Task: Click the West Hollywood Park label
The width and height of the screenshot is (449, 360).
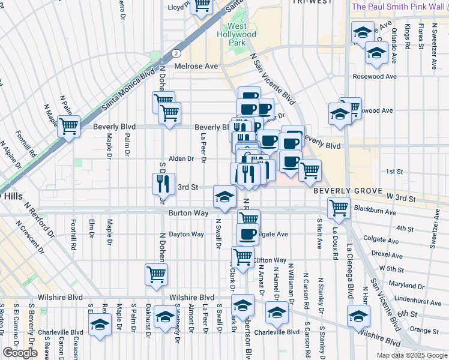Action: coord(241,35)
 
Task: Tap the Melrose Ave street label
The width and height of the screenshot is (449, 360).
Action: coord(196,67)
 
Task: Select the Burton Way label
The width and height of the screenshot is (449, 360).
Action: coord(188,213)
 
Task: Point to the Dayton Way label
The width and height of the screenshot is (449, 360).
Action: coord(186,234)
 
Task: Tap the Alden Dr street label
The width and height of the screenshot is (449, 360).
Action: coord(181,159)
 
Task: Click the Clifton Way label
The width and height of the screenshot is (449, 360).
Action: coord(270,260)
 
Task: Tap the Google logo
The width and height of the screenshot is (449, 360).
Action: coord(20,353)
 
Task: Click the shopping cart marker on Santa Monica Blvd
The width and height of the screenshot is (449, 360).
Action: coord(70,127)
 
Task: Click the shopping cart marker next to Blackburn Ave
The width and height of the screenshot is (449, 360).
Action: coord(339,208)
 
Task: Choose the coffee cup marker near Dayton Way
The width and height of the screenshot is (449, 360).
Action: coord(247,233)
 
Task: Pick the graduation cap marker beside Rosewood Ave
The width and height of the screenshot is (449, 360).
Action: coord(376,53)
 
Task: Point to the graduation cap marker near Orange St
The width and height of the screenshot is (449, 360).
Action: coord(358,316)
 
